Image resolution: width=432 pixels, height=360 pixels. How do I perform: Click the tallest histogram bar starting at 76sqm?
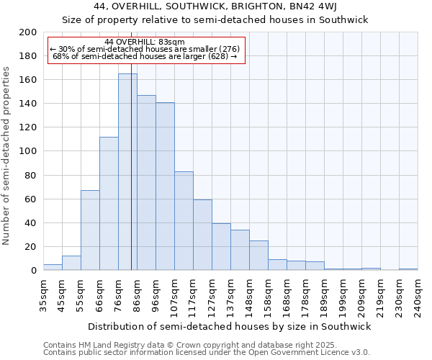click(x=127, y=173)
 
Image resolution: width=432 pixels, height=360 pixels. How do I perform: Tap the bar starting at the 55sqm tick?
click(x=90, y=230)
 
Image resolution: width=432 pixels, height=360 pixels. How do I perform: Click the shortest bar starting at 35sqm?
click(x=53, y=267)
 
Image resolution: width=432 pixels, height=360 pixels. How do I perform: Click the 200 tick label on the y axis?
click(x=28, y=32)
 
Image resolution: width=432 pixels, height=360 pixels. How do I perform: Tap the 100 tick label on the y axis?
click(x=28, y=151)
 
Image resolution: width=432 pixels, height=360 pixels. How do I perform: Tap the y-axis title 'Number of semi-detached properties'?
click(x=7, y=156)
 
